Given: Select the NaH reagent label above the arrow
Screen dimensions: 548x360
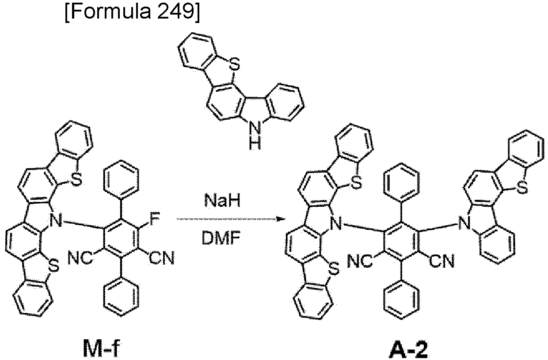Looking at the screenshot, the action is [x=222, y=200].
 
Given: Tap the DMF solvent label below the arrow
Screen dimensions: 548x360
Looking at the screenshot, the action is [x=221, y=238].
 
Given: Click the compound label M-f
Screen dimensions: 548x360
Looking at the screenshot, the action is [x=102, y=348].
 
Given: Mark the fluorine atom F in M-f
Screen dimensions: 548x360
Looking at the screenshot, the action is [x=155, y=219].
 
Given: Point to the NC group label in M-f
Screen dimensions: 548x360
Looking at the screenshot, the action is [x=80, y=258].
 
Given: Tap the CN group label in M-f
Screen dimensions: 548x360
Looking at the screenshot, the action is [x=162, y=258].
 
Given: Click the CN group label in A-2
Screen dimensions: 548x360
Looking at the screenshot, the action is [x=442, y=261].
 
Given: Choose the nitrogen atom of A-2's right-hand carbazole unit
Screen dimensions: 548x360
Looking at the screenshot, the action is [x=464, y=223].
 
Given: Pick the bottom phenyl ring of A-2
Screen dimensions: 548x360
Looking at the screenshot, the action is [x=401, y=300].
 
